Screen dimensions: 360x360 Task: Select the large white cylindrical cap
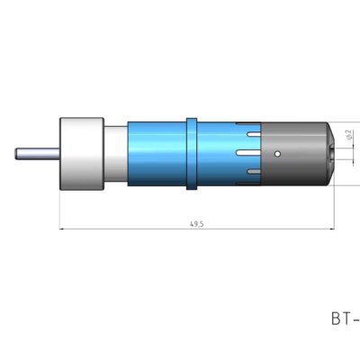[x=82, y=154]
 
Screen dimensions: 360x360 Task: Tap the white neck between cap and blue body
[x=116, y=154]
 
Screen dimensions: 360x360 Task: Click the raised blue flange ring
[x=191, y=154]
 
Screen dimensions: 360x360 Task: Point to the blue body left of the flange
[x=157, y=154]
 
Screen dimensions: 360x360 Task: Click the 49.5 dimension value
[x=197, y=222]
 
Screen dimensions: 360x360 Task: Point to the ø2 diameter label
[x=347, y=138]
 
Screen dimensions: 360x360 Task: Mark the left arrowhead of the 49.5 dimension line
[x=62, y=229]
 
